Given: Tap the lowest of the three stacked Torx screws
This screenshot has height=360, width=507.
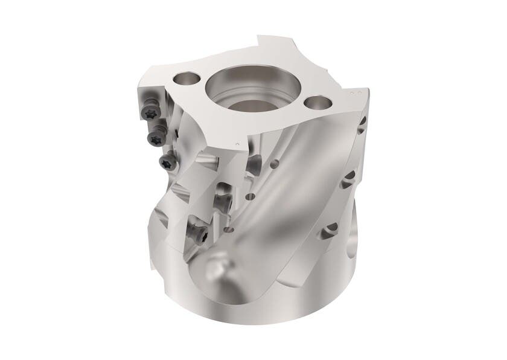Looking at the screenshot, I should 167,161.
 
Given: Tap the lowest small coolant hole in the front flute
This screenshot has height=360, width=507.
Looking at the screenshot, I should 229,230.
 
